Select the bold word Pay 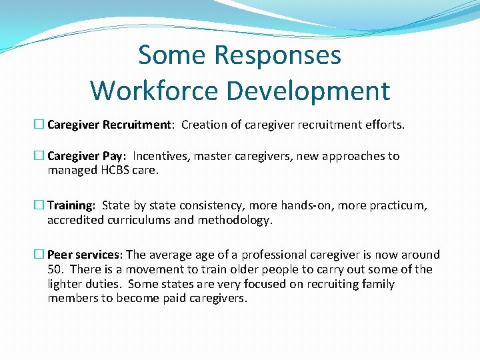coord(113,157)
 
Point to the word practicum coord(397,205)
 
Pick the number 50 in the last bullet coord(55,269)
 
